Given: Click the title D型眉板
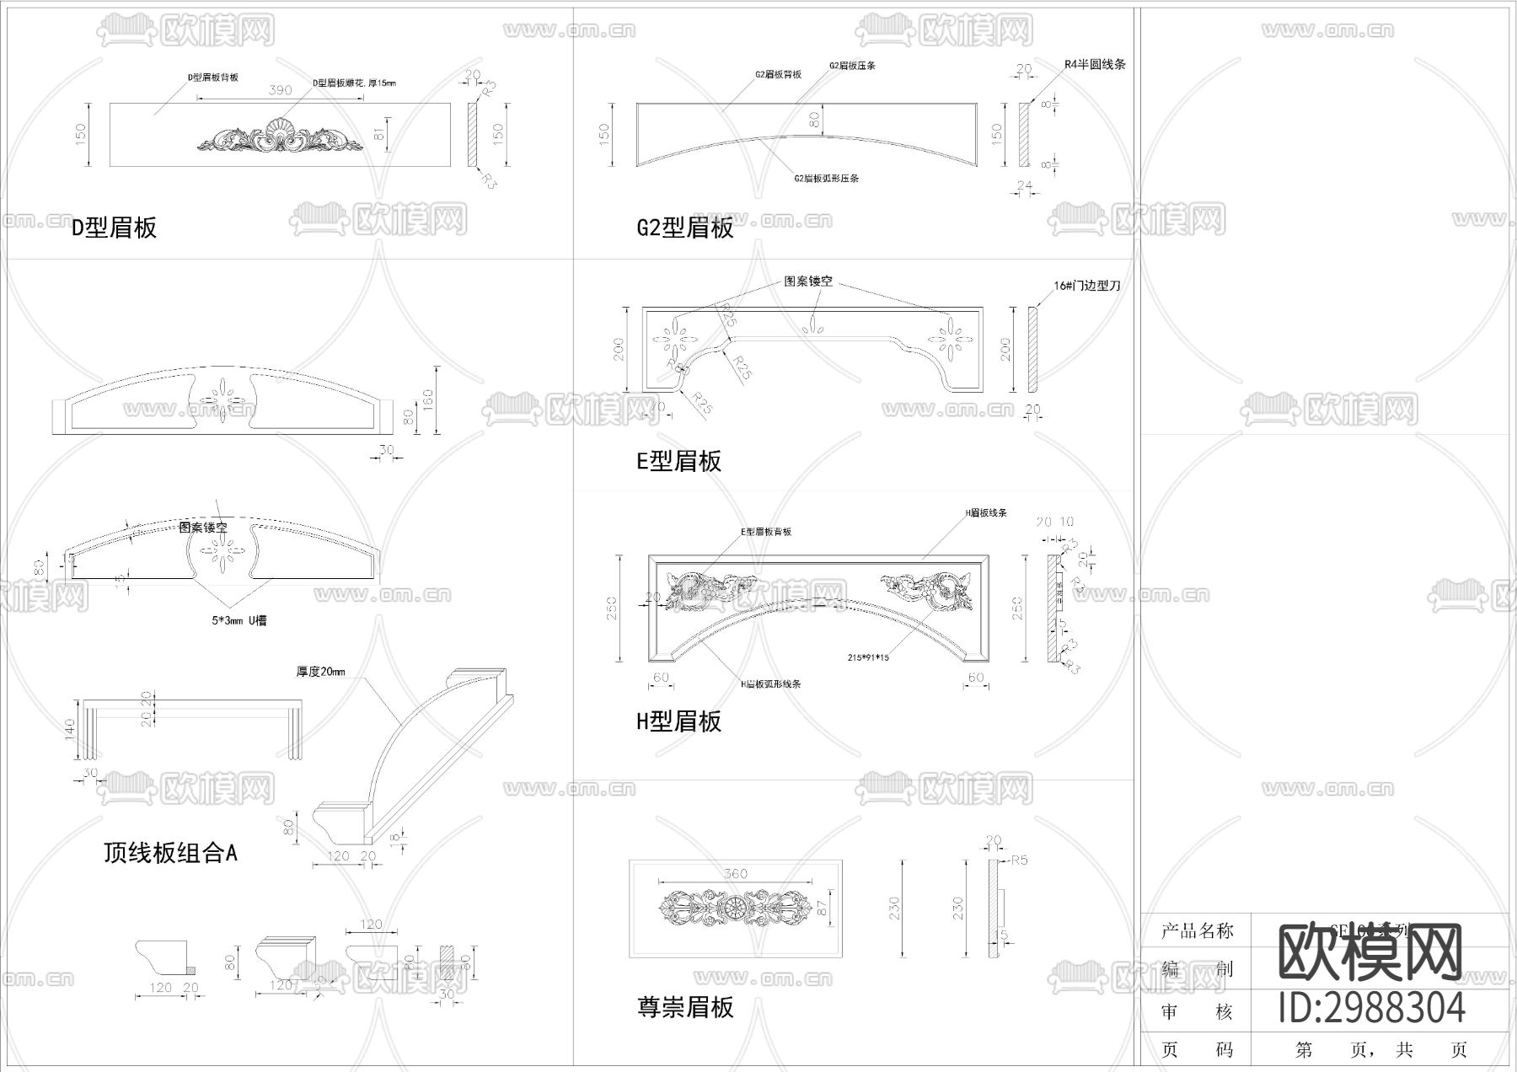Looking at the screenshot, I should [x=114, y=228].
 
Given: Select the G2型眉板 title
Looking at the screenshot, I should [x=685, y=228].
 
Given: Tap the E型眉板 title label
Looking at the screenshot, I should [x=678, y=461].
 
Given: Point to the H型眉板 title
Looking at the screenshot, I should [x=678, y=721].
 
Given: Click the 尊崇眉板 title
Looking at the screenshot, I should [x=685, y=1006].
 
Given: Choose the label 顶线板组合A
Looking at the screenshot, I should [x=170, y=853].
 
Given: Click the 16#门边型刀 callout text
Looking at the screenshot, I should [x=1087, y=286].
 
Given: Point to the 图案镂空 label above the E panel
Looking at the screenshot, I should [x=808, y=281].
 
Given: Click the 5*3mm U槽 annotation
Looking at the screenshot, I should [x=239, y=620].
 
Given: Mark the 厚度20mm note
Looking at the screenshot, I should [x=320, y=672].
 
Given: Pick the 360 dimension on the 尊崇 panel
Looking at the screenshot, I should [x=736, y=874].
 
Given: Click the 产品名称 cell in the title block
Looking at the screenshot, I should [x=1197, y=931].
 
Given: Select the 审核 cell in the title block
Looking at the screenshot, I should [x=1197, y=1012].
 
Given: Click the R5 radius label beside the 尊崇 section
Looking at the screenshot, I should [x=1019, y=860].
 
